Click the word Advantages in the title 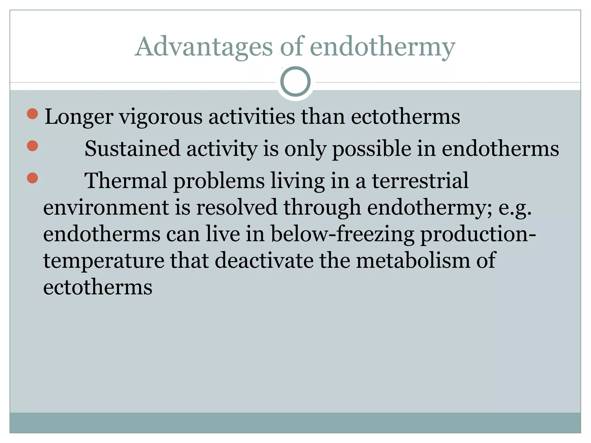pyautogui.click(x=203, y=47)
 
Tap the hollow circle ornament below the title pyautogui.click(x=295, y=81)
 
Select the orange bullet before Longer pyautogui.click(x=32, y=114)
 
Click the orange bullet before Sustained pyautogui.click(x=32, y=146)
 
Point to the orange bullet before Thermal pyautogui.click(x=32, y=178)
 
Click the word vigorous pyautogui.click(x=161, y=117)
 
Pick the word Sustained pyautogui.click(x=132, y=149)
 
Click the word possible pyautogui.click(x=372, y=149)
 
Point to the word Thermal pyautogui.click(x=126, y=181)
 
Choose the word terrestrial pyautogui.click(x=420, y=181)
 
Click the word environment pyautogui.click(x=106, y=207)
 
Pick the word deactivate pyautogui.click(x=264, y=260)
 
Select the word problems pyautogui.click(x=219, y=181)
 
